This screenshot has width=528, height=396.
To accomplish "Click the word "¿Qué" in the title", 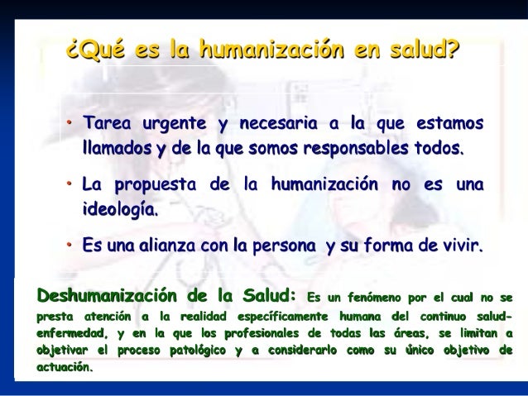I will (94, 50).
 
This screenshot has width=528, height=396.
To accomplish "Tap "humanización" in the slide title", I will (266, 50).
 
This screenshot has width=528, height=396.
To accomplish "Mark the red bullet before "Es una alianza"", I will (70, 246).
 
